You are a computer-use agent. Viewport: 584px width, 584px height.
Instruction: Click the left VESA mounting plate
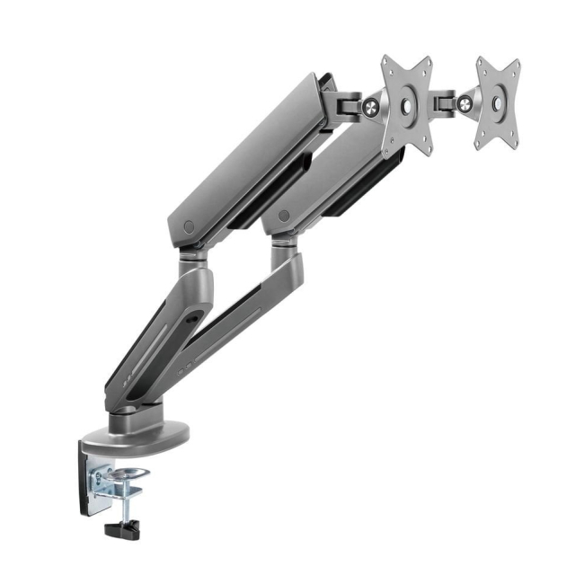click(406, 106)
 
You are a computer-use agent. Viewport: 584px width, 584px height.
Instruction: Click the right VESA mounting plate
click(498, 103)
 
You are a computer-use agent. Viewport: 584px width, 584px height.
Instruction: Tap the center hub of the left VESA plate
click(406, 106)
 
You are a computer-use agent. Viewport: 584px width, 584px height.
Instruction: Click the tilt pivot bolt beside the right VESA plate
click(465, 105)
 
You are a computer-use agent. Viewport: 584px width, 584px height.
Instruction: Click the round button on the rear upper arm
click(284, 217)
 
